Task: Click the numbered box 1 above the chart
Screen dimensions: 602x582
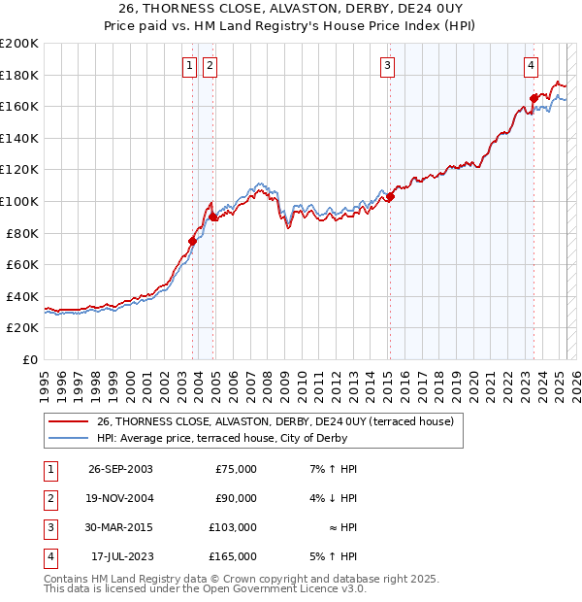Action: [x=189, y=66]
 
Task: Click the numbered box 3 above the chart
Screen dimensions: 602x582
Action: [x=387, y=66]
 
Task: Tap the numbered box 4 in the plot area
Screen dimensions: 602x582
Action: [x=532, y=66]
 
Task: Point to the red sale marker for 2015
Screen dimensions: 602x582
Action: [x=390, y=197]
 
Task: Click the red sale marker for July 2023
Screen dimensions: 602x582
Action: [x=533, y=98]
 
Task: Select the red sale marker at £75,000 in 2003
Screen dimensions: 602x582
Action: [x=192, y=241]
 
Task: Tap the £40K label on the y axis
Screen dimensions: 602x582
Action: [x=22, y=296]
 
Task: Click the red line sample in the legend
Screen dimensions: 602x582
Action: [x=68, y=421]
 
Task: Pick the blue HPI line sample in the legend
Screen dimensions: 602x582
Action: [x=68, y=437]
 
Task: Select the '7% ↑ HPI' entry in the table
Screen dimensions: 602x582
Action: [x=332, y=469]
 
